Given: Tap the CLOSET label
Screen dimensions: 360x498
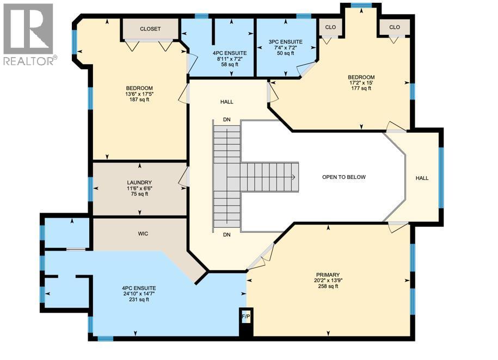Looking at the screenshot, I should pyautogui.click(x=150, y=29).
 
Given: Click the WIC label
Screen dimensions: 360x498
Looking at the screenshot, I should pyautogui.click(x=143, y=233).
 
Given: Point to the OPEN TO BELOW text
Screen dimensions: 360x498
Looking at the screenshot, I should pyautogui.click(x=344, y=177).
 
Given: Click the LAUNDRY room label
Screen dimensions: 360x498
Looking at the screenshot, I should pyautogui.click(x=139, y=183).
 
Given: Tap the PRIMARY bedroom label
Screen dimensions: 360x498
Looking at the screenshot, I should pyautogui.click(x=328, y=275).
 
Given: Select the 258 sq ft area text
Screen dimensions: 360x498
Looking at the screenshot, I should pyautogui.click(x=328, y=287).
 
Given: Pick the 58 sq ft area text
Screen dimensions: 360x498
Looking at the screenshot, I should pyautogui.click(x=230, y=65).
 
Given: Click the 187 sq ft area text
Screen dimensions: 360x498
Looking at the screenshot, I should pyautogui.click(x=139, y=100).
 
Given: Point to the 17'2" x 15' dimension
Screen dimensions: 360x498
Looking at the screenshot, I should pyautogui.click(x=362, y=83).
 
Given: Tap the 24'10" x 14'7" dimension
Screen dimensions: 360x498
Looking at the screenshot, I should pyautogui.click(x=139, y=294).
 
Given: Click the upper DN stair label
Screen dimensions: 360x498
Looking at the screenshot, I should pyautogui.click(x=227, y=120).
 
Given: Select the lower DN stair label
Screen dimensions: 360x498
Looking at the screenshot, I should pyautogui.click(x=227, y=235).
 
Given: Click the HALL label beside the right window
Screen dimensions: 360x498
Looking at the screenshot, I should pyautogui.click(x=422, y=178).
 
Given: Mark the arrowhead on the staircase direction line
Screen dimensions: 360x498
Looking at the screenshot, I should pyautogui.click(x=293, y=177).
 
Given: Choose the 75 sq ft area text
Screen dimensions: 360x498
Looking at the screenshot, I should pyautogui.click(x=139, y=194).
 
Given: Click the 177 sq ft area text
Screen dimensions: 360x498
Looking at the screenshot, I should pyautogui.click(x=362, y=89).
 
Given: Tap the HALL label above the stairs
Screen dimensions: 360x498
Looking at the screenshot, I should pyautogui.click(x=227, y=102).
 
